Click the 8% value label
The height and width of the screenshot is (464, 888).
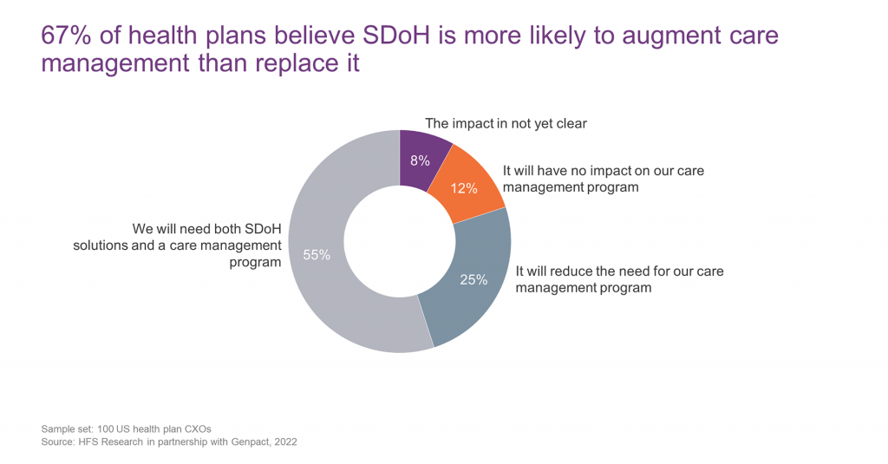point(421,160)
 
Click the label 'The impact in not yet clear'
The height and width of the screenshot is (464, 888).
point(506,123)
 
